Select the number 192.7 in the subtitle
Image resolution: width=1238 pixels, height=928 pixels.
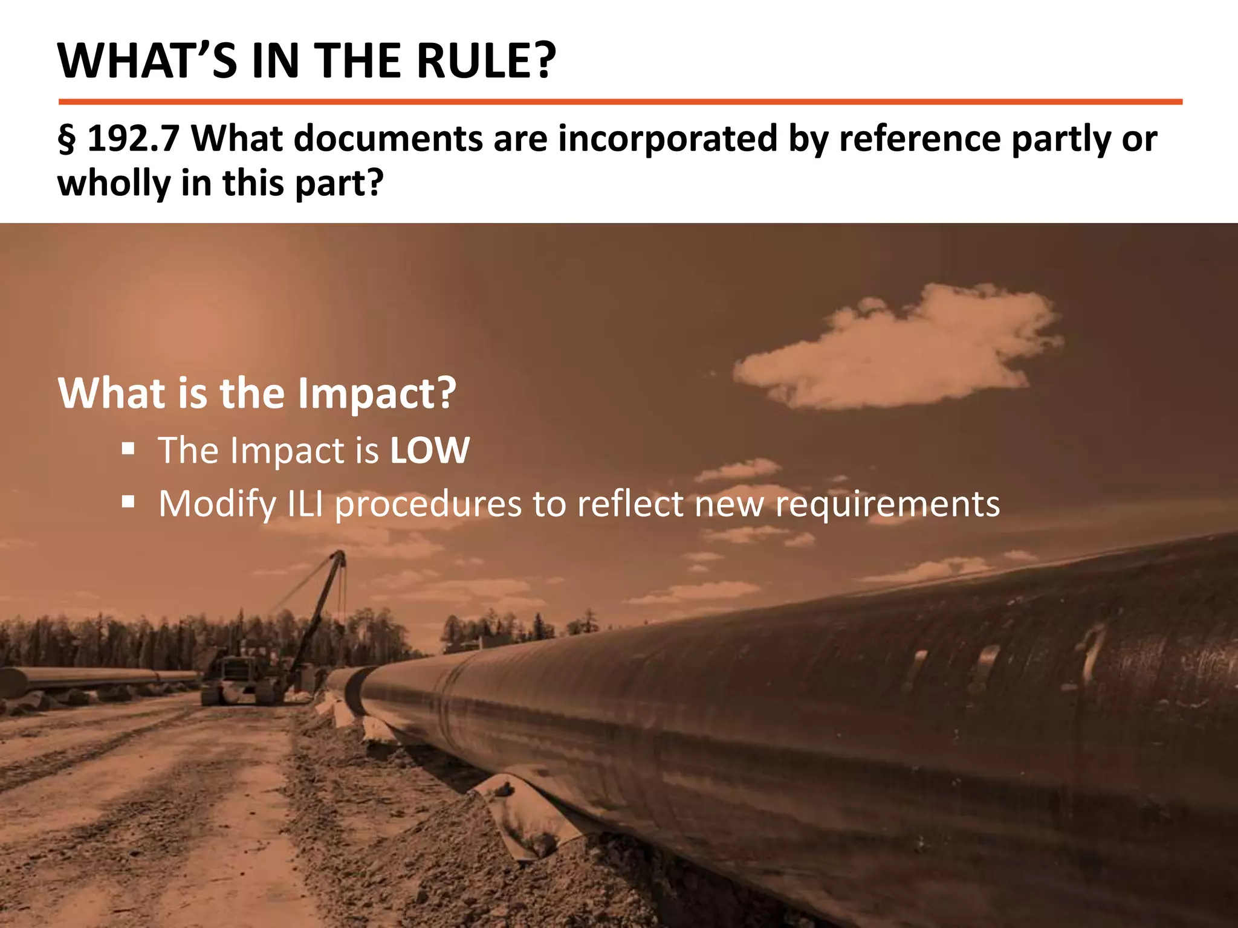click(134, 138)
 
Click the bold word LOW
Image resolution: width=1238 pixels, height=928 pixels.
click(430, 451)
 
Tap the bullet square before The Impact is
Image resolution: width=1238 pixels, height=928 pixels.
click(128, 449)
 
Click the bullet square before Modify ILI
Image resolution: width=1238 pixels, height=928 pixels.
click(128, 501)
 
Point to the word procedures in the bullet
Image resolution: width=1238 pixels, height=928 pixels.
click(428, 504)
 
